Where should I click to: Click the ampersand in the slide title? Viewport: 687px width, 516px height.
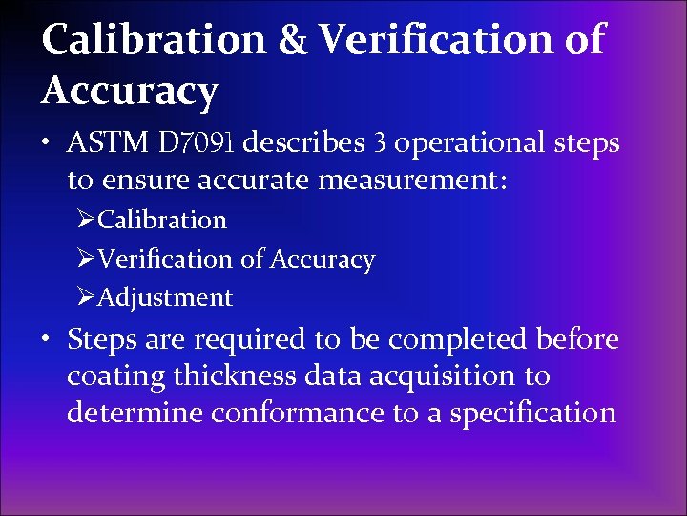pyautogui.click(x=291, y=40)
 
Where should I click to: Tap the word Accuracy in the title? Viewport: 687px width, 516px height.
pyautogui.click(x=130, y=91)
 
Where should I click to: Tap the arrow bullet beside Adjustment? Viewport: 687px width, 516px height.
pyautogui.click(x=87, y=298)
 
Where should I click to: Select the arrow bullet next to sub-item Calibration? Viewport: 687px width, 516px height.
pyautogui.click(x=87, y=220)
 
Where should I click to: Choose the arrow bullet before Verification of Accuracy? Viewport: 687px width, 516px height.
pyautogui.click(x=87, y=259)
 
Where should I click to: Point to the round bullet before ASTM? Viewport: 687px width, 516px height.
pyautogui.click(x=47, y=145)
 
